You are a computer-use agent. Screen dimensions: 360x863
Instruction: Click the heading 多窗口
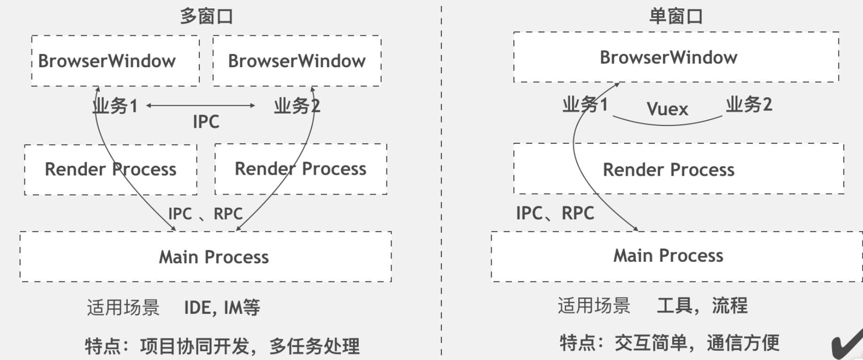click(x=206, y=17)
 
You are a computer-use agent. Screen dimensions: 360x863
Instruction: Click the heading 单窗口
click(x=675, y=17)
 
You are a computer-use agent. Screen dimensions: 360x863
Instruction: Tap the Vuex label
click(x=667, y=109)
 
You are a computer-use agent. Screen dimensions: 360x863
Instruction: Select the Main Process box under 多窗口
click(x=205, y=257)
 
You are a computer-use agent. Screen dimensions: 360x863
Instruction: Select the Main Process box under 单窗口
click(x=676, y=256)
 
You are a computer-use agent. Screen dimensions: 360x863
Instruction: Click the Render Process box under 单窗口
click(x=678, y=169)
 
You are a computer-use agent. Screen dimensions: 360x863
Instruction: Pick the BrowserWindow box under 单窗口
click(x=675, y=57)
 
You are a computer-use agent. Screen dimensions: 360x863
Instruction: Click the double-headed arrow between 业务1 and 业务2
click(x=201, y=105)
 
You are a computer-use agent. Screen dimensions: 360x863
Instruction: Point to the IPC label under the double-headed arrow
click(x=206, y=122)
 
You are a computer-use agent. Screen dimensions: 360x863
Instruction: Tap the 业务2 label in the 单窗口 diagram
click(x=749, y=104)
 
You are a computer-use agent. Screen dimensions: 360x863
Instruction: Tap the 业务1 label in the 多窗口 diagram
click(x=115, y=106)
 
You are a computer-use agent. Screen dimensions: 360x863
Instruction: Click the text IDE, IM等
click(x=222, y=308)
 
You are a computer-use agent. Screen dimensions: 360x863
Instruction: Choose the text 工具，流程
click(x=702, y=306)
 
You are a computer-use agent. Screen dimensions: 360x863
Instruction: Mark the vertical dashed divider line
click(x=441, y=188)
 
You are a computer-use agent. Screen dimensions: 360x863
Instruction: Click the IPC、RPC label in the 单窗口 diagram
click(x=555, y=213)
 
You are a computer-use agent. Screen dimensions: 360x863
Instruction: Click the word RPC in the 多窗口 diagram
click(x=228, y=214)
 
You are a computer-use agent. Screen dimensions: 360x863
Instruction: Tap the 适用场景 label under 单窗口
click(x=594, y=306)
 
